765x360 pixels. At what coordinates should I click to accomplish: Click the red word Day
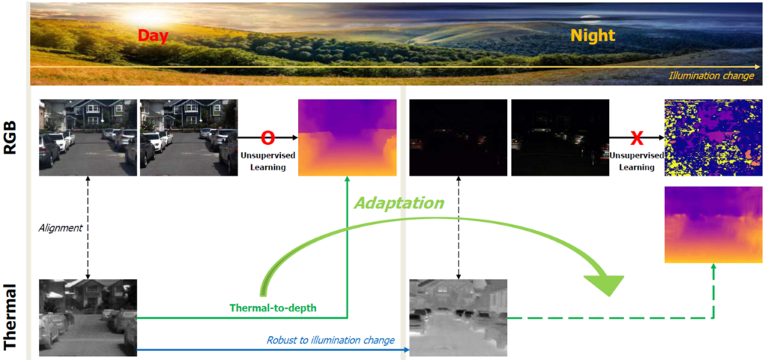[x=152, y=36]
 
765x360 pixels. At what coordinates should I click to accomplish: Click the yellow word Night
[x=592, y=36]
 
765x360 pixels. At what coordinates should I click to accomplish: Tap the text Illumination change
[x=712, y=76]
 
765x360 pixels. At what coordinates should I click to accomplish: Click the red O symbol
[x=267, y=138]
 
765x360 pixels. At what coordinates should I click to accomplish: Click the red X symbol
[x=637, y=138]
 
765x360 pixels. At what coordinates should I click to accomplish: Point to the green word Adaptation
[x=400, y=203]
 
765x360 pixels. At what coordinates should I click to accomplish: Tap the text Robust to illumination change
[x=330, y=340]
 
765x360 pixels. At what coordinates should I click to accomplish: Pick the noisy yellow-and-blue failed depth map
[x=713, y=138]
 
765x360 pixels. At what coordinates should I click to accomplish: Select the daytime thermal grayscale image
[x=88, y=317]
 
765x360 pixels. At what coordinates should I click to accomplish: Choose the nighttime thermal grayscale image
[x=458, y=318]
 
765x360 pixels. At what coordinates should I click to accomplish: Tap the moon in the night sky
[x=590, y=18]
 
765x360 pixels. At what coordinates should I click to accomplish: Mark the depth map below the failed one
[x=713, y=225]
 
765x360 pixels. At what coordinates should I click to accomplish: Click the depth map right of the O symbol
[x=347, y=138]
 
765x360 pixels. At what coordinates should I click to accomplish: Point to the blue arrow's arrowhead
[x=406, y=350]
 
